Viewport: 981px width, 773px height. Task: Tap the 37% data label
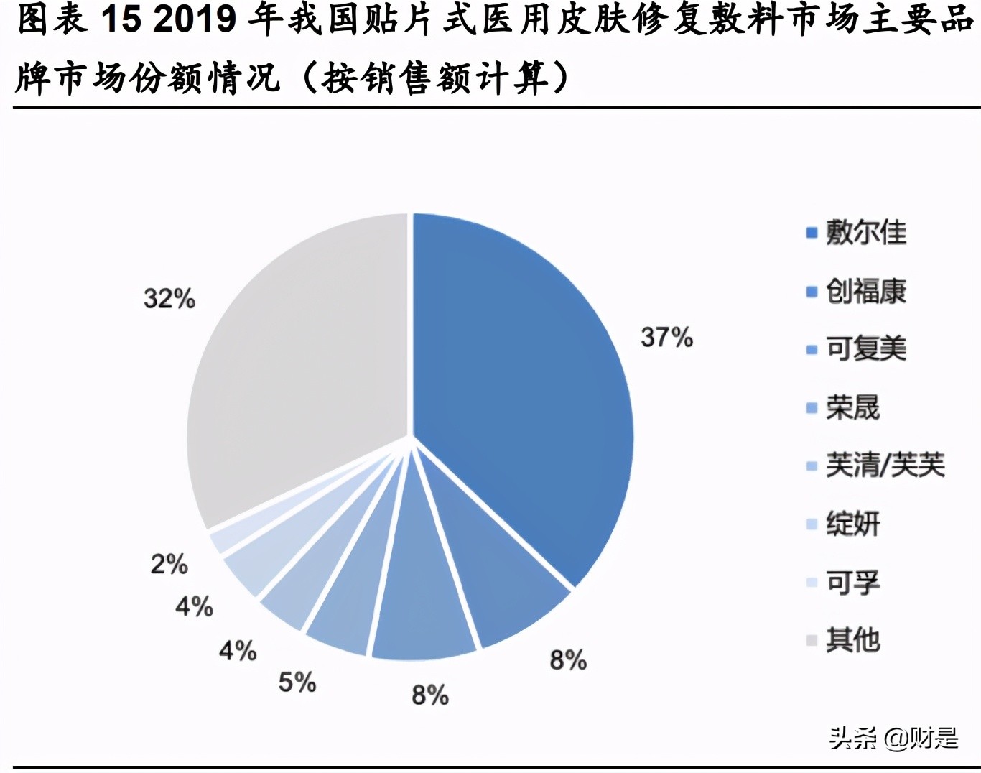666,337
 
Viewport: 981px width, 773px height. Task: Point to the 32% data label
169,298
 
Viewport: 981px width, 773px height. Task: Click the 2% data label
169,564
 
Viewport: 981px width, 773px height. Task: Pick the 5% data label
297,682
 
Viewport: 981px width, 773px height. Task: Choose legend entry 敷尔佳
865,233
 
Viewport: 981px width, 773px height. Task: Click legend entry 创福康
865,291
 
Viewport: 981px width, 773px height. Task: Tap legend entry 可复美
865,349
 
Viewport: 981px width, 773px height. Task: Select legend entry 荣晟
852,407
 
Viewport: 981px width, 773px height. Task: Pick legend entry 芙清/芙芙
885,466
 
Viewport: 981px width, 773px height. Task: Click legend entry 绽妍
852,524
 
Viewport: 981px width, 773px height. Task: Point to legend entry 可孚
852,582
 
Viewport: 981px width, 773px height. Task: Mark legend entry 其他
852,639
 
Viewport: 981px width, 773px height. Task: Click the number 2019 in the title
194,19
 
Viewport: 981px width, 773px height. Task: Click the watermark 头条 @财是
893,738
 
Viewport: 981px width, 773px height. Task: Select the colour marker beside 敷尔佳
812,233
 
